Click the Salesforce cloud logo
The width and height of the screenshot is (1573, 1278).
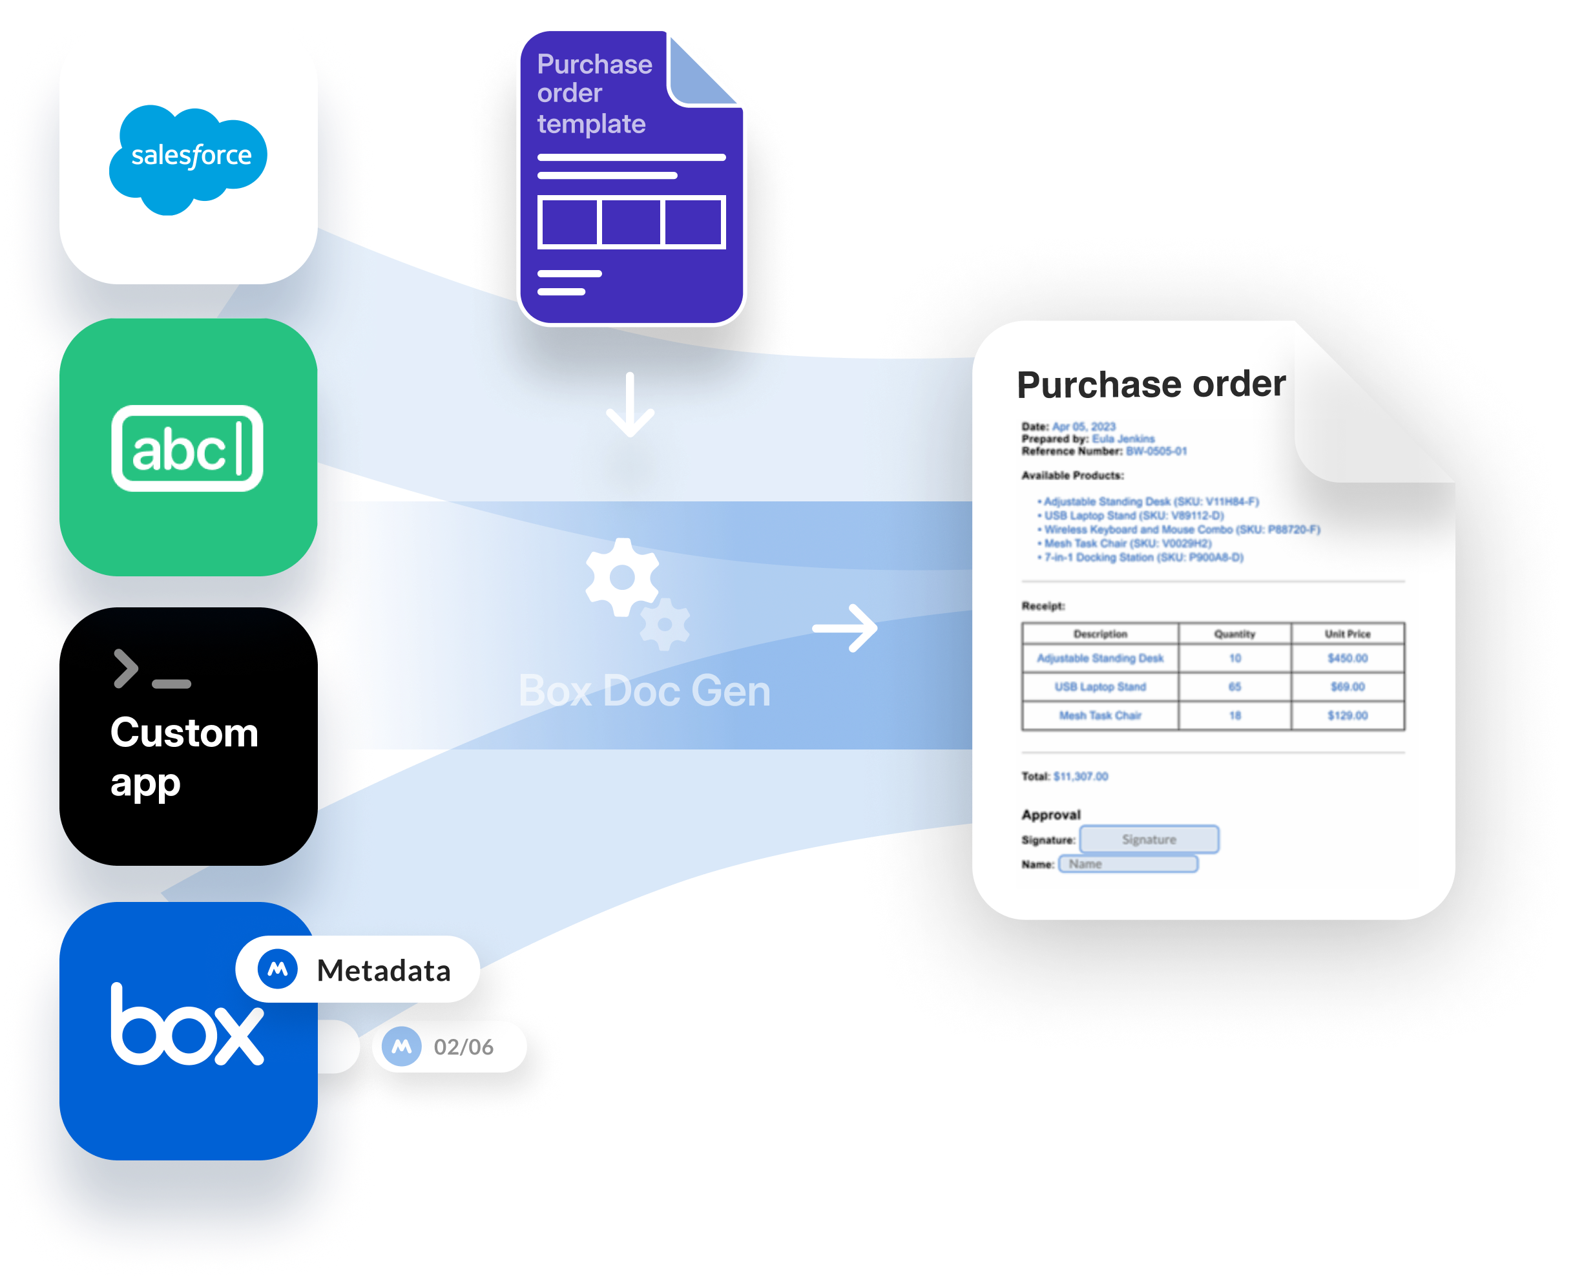189,158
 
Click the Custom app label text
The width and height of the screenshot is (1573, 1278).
184,756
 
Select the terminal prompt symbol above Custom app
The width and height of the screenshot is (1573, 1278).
152,670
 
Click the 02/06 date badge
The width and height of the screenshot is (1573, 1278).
449,1046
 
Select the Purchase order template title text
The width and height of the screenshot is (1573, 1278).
594,94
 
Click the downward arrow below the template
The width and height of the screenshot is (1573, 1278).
630,405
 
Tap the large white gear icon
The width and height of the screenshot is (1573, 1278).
622,576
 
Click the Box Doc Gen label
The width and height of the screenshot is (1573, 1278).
644,691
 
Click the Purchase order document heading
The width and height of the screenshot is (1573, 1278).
1151,384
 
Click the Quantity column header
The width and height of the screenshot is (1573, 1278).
1234,634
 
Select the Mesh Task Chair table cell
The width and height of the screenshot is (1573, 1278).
1099,715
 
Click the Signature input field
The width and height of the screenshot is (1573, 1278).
1149,839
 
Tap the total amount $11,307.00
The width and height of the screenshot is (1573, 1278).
1080,776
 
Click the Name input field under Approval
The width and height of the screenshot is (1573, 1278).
1128,864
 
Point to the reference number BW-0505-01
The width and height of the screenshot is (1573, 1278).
1156,451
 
